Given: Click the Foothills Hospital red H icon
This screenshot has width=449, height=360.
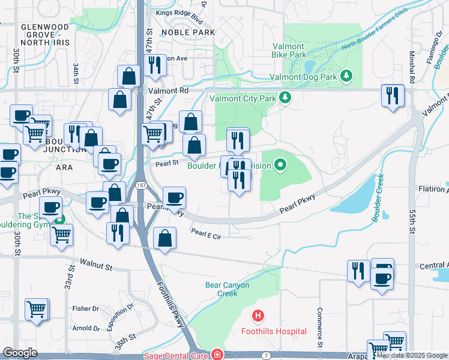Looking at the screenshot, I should (x=258, y=315).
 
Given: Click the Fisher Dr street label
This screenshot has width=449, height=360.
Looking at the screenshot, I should (x=86, y=308).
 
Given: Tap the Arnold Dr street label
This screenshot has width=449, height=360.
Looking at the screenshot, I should (x=86, y=328).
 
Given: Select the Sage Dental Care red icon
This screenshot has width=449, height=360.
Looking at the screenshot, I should (x=216, y=355).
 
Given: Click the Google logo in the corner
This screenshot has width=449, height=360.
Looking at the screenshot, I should (x=20, y=353).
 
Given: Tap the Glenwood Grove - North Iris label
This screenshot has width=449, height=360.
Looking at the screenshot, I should (x=45, y=35).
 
